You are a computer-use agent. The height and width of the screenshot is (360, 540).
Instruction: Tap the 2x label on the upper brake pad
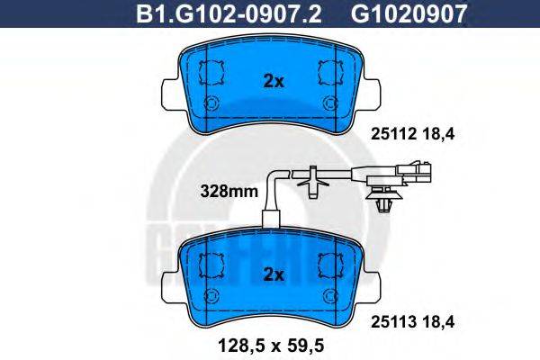pyautogui.click(x=273, y=81)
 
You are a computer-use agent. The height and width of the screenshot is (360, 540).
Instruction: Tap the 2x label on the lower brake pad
pyautogui.click(x=273, y=273)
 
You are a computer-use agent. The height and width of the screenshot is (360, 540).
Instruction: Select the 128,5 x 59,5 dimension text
pyautogui.click(x=271, y=343)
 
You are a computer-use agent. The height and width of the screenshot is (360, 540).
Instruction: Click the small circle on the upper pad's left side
pyautogui.click(x=213, y=102)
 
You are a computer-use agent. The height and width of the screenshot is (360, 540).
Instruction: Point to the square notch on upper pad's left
pyautogui.click(x=213, y=70)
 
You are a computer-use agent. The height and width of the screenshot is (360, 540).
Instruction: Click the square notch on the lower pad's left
pyautogui.click(x=213, y=262)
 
